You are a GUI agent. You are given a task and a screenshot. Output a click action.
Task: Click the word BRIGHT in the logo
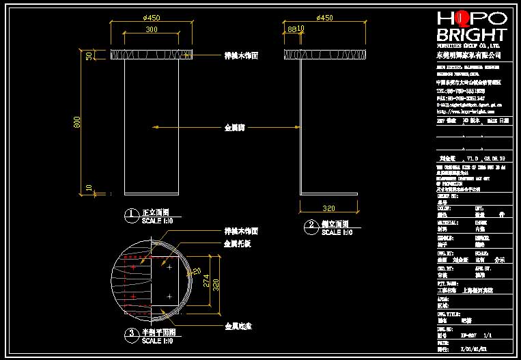pyautogui.click(x=471, y=35)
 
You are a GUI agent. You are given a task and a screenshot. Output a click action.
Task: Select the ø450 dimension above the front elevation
pyautogui.click(x=152, y=18)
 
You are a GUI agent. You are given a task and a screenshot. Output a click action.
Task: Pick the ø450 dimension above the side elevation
pyautogui.click(x=325, y=18)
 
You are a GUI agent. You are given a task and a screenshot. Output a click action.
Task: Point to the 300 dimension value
pyautogui.click(x=152, y=29)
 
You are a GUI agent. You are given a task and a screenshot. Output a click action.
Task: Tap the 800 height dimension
pyautogui.click(x=78, y=122)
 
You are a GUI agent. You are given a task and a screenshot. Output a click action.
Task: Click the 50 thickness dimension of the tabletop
pyautogui.click(x=89, y=56)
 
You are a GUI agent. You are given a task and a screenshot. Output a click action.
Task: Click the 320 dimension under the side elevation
pyautogui.click(x=329, y=208)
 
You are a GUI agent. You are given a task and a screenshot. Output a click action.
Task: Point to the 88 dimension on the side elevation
pyautogui.click(x=292, y=29)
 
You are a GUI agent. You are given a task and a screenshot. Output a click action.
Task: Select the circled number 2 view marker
pyautogui.click(x=311, y=225)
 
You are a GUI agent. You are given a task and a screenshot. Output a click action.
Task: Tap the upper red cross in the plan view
pyautogui.click(x=140, y=262)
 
